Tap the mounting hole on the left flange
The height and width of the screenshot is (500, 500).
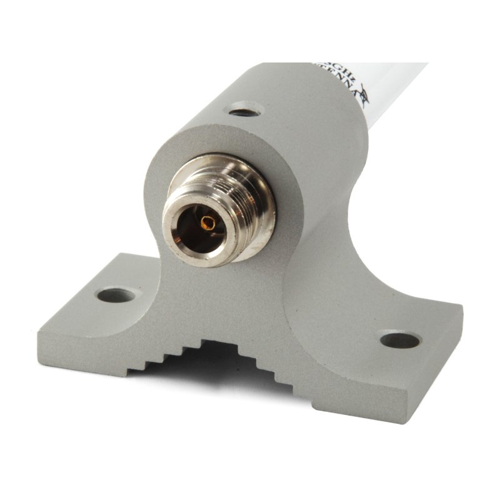pos(116,294)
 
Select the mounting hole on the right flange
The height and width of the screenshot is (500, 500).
pos(400,340)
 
